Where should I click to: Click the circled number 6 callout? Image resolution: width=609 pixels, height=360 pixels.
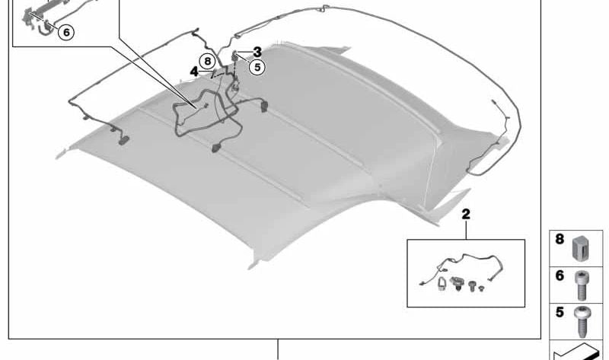66,32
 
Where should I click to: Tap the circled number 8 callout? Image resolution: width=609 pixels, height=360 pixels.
207,61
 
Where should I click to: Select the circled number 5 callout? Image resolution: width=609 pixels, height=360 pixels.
257,67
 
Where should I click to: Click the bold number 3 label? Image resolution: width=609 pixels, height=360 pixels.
257,52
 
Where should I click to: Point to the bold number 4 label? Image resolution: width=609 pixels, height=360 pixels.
194,72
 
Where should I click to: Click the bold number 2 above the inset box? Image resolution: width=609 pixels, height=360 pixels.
466,214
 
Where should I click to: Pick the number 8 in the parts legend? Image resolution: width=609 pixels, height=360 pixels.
560,239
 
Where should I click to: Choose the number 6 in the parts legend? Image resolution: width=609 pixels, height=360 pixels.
560,276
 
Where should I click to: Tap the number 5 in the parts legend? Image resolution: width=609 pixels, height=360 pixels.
560,312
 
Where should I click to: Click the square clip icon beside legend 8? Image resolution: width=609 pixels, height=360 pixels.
581,248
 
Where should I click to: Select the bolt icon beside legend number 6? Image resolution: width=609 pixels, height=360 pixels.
582,286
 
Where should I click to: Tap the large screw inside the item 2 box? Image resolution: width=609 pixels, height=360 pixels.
472,286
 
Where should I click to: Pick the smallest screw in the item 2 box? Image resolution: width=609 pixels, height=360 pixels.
481,288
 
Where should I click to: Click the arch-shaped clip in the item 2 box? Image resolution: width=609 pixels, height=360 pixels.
442,283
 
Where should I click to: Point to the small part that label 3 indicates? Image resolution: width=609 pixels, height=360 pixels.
235,56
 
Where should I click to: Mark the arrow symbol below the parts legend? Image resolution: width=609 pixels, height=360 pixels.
576,352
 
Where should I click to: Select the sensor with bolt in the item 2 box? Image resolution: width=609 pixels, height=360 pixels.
457,283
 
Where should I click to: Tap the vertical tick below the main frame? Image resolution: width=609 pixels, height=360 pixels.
278,349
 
